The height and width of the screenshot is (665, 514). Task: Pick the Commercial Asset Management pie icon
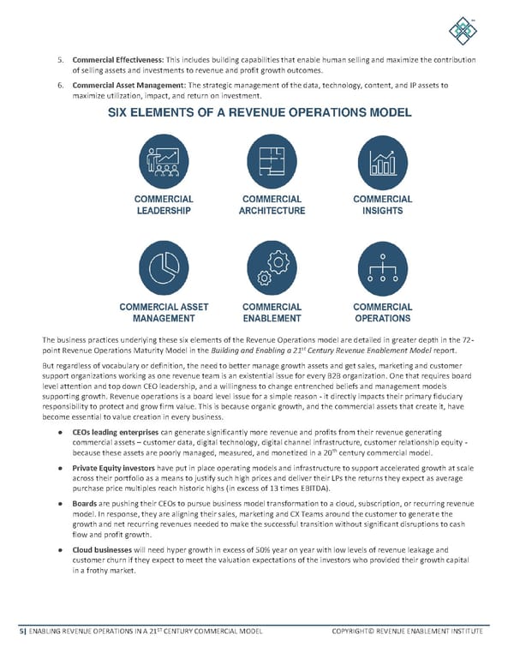[x=163, y=268]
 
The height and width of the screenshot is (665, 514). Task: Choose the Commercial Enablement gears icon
[x=273, y=268]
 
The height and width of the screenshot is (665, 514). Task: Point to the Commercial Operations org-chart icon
[x=382, y=268]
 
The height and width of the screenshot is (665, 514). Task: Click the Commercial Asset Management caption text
[x=163, y=313]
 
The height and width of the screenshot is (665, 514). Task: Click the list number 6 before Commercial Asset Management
[x=59, y=86]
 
